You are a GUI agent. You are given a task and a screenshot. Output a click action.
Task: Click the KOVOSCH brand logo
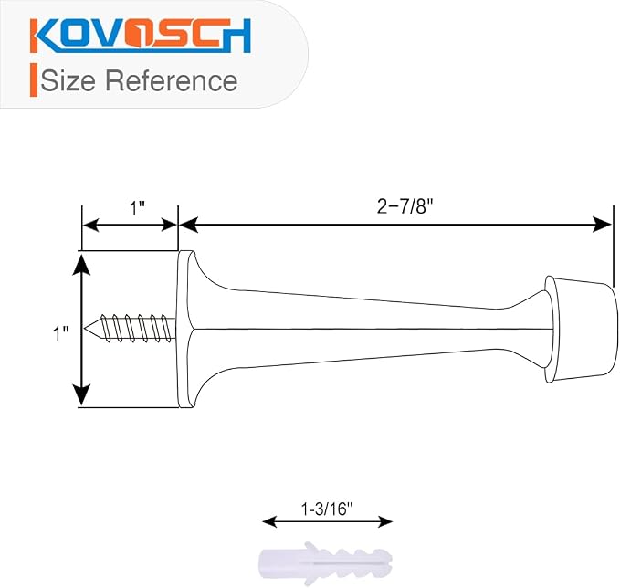point(141,36)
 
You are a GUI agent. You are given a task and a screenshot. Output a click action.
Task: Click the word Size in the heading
point(68,80)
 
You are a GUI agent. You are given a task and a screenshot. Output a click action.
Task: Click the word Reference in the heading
point(172,80)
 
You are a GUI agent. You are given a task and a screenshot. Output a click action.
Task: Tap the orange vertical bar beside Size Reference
point(34,79)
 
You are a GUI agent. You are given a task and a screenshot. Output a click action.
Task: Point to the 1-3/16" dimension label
point(327,509)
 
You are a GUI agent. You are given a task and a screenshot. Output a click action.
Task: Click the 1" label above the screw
point(138,208)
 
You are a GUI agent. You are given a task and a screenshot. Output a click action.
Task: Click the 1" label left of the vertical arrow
point(61,334)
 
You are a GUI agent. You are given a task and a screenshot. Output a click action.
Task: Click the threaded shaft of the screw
point(138,328)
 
